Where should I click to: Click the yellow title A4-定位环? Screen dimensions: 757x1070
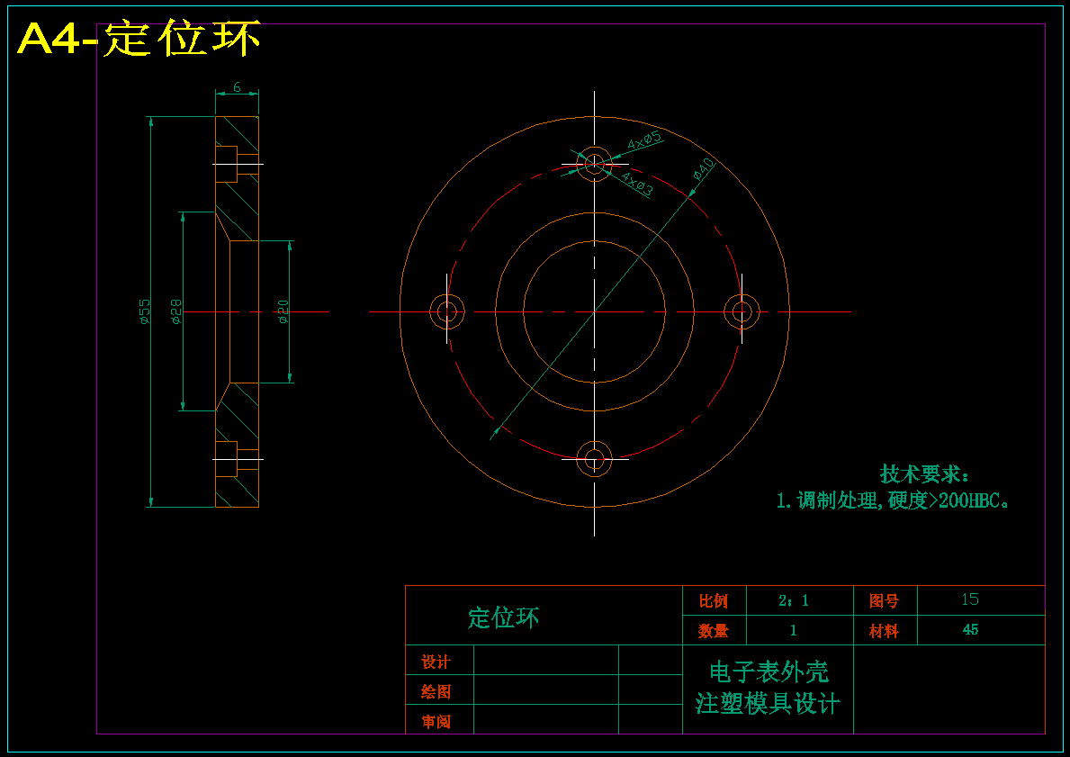(139, 40)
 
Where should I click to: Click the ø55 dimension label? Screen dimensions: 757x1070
(144, 311)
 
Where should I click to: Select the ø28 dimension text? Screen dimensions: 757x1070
(176, 311)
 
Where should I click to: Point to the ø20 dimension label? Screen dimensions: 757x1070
(283, 311)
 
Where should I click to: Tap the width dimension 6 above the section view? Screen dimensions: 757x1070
(237, 87)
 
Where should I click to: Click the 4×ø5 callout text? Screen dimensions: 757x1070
(644, 140)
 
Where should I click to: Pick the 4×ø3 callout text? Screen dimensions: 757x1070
(637, 184)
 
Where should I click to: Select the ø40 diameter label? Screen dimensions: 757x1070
(703, 169)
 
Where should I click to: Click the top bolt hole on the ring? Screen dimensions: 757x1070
(594, 164)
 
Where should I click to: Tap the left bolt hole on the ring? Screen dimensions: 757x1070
(447, 312)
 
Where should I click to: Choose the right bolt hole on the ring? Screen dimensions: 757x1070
(742, 312)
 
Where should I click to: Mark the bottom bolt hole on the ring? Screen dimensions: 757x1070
(594, 459)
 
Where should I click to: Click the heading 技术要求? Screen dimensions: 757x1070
(923, 474)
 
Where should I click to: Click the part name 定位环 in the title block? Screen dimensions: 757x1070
(503, 617)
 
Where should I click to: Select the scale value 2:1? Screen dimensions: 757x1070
(793, 600)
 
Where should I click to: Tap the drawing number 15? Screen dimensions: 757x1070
(969, 599)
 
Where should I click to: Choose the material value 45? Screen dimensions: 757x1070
(970, 630)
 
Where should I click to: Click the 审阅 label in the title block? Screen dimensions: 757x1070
(436, 722)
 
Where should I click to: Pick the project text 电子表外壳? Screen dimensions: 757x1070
(769, 672)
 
